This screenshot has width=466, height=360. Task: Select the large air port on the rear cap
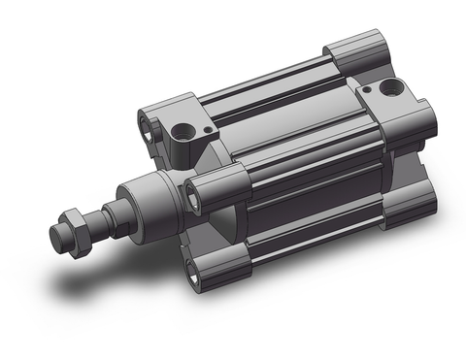click(x=390, y=88)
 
